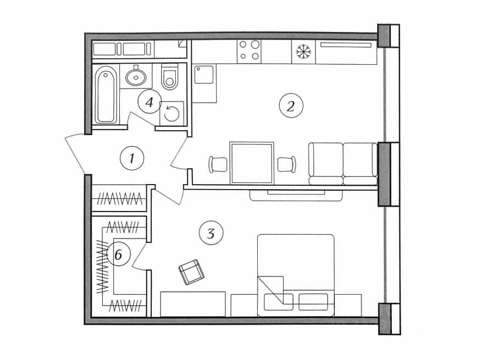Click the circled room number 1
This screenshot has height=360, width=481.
[132, 158]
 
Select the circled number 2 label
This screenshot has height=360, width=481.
[291, 106]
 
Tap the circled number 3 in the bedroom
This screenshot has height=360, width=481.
[211, 234]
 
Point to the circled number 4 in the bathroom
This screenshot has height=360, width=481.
[150, 102]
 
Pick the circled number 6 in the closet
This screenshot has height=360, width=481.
[118, 254]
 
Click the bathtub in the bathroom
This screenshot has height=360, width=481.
[106, 95]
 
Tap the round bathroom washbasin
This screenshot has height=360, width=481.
[136, 76]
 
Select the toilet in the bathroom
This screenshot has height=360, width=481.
[170, 77]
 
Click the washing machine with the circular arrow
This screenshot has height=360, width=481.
[172, 113]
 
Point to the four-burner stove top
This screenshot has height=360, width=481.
[249, 51]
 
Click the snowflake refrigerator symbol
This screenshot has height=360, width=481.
[303, 52]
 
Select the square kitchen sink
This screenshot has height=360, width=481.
[204, 74]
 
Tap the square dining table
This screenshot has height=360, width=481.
[252, 163]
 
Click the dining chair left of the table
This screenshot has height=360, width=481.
[218, 164]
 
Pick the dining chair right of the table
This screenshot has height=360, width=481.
[286, 164]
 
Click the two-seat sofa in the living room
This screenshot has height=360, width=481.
[343, 164]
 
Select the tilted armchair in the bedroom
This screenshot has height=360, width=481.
[192, 272]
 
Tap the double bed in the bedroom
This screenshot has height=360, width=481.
[296, 275]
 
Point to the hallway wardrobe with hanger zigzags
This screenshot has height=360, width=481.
[119, 198]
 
